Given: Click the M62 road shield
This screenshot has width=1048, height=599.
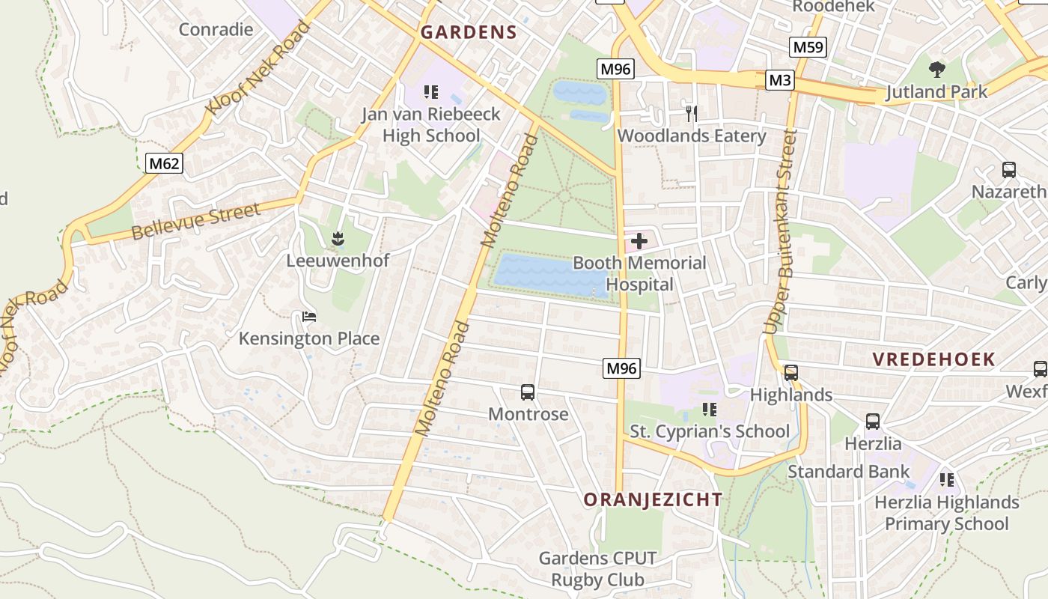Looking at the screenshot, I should [x=164, y=163].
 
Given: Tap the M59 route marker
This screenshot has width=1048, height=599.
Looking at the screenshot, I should [x=808, y=48].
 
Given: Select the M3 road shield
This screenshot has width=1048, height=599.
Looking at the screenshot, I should [x=779, y=80].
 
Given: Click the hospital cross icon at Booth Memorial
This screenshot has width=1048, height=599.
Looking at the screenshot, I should [x=639, y=241].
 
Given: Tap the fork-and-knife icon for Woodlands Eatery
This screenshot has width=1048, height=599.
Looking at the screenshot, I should [x=692, y=114].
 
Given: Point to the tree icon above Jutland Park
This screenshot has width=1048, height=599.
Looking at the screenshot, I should [x=936, y=70].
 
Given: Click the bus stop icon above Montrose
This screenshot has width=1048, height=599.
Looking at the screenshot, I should [x=528, y=392].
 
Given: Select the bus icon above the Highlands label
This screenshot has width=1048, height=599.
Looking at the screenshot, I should [x=791, y=373].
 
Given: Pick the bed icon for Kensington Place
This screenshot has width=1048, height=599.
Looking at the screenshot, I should [x=309, y=317].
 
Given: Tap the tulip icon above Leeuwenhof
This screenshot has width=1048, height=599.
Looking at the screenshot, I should [x=338, y=239].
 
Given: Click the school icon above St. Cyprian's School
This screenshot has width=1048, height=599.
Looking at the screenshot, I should [x=710, y=410].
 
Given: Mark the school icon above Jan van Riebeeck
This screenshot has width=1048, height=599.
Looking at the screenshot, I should [x=430, y=92].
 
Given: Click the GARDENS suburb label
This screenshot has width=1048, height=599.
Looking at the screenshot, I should [x=469, y=32].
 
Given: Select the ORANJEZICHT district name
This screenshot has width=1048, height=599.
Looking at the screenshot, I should [x=653, y=499].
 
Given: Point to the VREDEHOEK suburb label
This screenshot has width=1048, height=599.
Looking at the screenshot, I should [x=933, y=359].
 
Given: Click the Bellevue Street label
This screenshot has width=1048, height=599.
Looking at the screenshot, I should [x=196, y=221].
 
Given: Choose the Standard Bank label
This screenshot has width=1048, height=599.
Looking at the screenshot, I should [x=848, y=472].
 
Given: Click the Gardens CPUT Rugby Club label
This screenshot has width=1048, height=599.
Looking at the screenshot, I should [x=597, y=569].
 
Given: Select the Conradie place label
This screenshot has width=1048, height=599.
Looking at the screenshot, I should [x=216, y=30].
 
